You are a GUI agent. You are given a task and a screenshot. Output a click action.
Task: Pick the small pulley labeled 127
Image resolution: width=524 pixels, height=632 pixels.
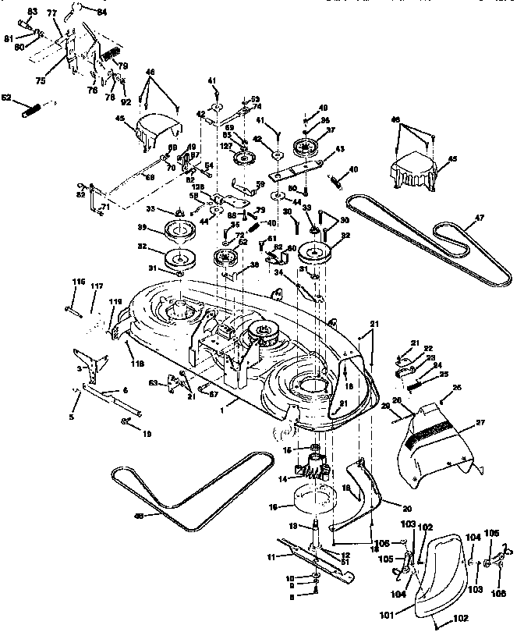[x=245, y=158]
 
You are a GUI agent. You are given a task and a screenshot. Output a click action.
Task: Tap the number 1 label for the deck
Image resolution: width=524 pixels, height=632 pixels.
[x=223, y=406]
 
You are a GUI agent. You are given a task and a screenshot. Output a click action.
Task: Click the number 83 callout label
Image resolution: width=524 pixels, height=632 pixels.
[x=32, y=12]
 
